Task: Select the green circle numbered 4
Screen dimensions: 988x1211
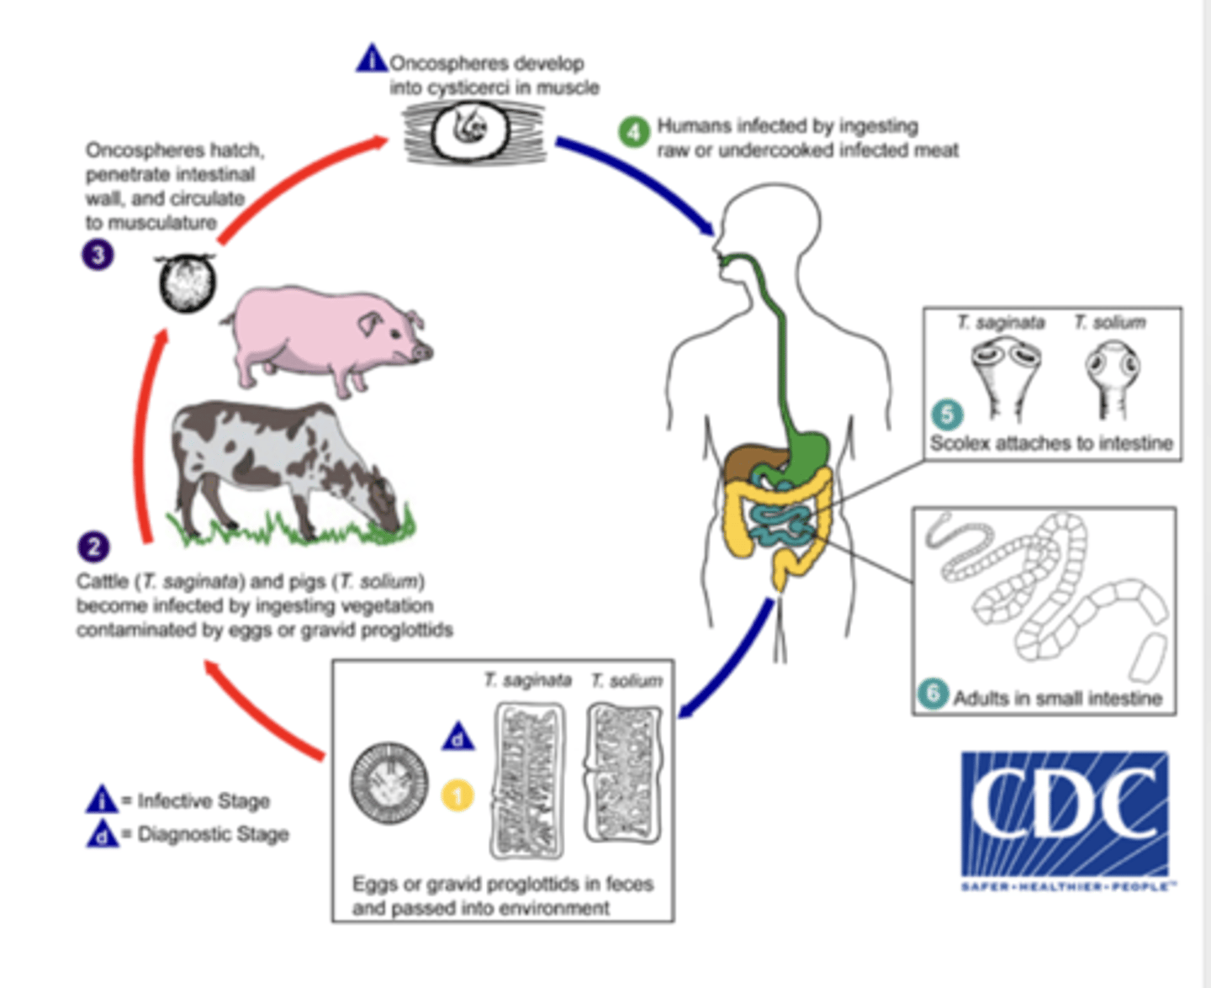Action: [x=634, y=132]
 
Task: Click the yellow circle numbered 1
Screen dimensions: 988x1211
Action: [x=457, y=795]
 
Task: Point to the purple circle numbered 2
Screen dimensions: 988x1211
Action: [x=93, y=547]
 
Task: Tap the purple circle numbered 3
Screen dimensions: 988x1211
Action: [x=98, y=254]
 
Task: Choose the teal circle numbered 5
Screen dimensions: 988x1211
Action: [x=946, y=415]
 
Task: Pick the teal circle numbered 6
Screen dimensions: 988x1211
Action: [x=932, y=695]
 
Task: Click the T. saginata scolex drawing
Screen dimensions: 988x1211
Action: [x=1005, y=374]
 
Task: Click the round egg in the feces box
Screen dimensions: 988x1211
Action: [x=389, y=784]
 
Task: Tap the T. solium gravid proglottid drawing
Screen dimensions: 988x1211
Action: [x=623, y=773]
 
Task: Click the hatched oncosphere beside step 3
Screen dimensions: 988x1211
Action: [x=187, y=283]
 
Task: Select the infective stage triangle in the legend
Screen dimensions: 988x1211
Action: [x=102, y=799]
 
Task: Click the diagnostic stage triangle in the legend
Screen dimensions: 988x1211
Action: [x=102, y=834]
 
